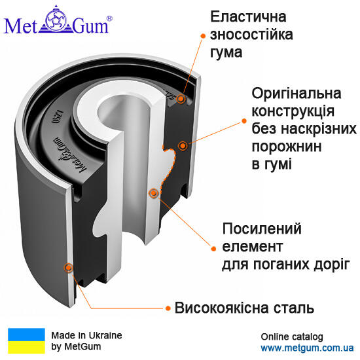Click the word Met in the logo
(x=20, y=26)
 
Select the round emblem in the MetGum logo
(x=56, y=20)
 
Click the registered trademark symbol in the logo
(x=110, y=18)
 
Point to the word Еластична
(x=249, y=16)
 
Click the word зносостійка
(x=251, y=35)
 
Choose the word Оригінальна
(x=297, y=94)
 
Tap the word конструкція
(x=293, y=111)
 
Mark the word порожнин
(x=287, y=147)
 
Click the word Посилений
(x=262, y=228)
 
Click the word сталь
(x=291, y=308)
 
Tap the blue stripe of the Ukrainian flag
(x=26, y=334)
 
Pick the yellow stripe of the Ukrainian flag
(x=26, y=347)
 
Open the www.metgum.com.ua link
(x=307, y=348)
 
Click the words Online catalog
(x=292, y=337)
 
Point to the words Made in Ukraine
(x=86, y=335)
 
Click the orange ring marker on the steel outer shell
(x=68, y=268)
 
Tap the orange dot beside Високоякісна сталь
(x=168, y=308)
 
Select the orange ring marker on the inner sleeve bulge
(x=153, y=193)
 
